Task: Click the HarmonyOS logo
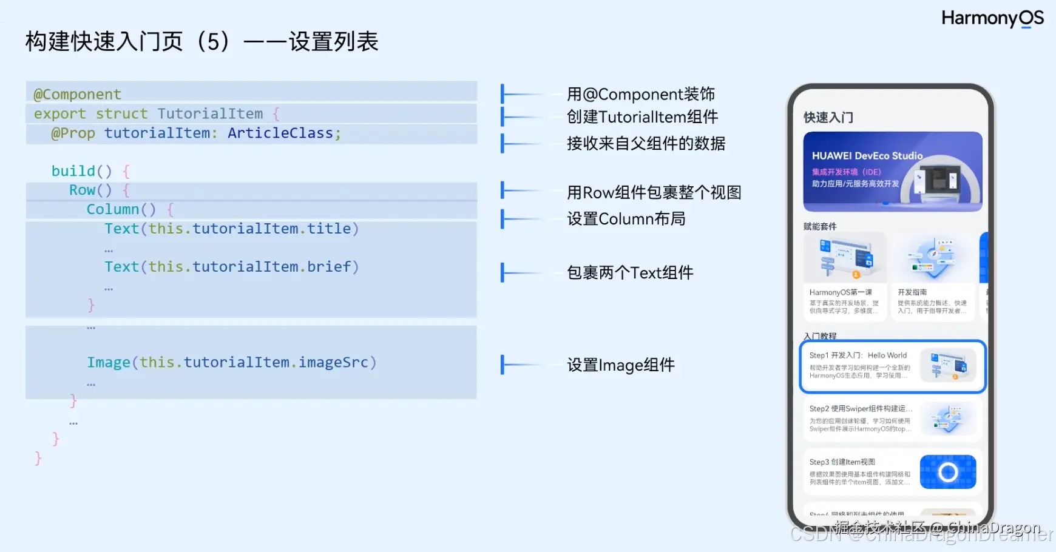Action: coord(992,18)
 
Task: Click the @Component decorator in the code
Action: coord(77,95)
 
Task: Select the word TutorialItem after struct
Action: coord(210,114)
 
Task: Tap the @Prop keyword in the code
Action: coord(73,133)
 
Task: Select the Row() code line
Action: coord(90,190)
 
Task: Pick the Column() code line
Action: coord(121,209)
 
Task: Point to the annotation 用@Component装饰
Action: coord(640,95)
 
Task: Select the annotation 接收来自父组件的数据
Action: coord(646,144)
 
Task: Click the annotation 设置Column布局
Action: coord(626,219)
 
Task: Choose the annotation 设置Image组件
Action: coord(620,365)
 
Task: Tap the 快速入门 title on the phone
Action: coord(828,118)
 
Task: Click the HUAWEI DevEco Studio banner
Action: coord(892,172)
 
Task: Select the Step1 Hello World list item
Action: coord(892,366)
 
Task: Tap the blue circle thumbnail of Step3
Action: coord(947,472)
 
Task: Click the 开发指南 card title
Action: coord(912,292)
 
